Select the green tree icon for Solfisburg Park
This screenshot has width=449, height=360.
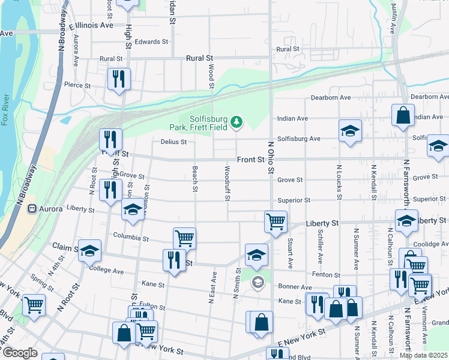tap(237, 122)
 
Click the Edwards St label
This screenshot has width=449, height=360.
tap(151, 42)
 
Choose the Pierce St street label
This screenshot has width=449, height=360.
tap(77, 86)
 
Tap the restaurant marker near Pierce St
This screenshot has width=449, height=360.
tap(119, 79)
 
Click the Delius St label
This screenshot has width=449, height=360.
tap(174, 142)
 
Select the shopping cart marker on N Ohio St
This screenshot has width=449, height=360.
tap(276, 221)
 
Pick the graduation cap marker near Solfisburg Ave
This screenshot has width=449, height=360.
tap(349, 131)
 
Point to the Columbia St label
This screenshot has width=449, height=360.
tap(131, 238)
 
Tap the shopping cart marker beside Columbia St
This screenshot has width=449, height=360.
tap(184, 238)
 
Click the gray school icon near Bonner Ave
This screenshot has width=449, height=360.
tap(258, 282)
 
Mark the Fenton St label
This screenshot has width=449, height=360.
tap(327, 274)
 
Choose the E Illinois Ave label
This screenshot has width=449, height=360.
tap(91, 26)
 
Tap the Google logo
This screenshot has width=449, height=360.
tap(20, 353)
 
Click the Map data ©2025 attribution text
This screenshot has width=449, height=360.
tap(424, 355)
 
